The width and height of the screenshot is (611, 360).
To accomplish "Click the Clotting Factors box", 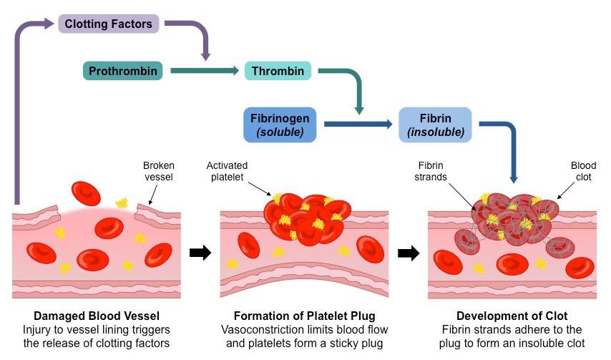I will [x=109, y=24].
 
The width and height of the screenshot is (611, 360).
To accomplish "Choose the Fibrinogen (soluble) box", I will [x=280, y=124].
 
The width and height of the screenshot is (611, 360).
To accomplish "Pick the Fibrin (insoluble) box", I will [x=435, y=124].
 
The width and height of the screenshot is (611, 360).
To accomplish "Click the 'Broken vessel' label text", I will [x=159, y=170].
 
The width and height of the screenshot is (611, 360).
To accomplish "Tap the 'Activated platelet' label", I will [x=228, y=170].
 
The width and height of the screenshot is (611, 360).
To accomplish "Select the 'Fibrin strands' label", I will [x=432, y=170].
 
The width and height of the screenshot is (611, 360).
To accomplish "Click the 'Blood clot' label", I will [x=583, y=170].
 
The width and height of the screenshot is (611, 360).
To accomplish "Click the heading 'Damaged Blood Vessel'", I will [x=96, y=316].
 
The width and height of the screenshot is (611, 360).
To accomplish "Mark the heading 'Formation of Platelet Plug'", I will [x=305, y=316].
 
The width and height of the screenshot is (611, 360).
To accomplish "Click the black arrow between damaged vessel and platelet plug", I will [x=200, y=252].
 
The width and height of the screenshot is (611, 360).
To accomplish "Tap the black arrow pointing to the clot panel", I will [x=408, y=252].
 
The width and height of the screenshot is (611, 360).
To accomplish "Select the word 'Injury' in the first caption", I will [x=39, y=330].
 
